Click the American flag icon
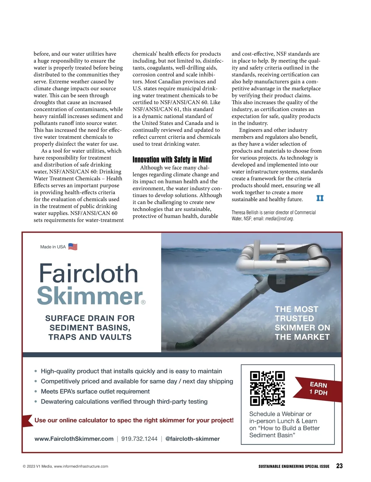point(73,247)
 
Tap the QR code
point(267,388)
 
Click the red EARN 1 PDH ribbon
point(318,389)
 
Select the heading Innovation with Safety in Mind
point(172,160)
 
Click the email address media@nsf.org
point(279,219)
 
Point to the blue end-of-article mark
point(320,198)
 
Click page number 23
point(339,466)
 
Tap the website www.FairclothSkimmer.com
point(74,439)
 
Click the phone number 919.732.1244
point(139,439)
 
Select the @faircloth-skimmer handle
point(192,439)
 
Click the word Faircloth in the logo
point(88,273)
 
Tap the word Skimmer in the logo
point(90,296)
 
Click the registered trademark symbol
point(143,302)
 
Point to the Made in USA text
point(53,247)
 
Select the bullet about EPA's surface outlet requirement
point(95,391)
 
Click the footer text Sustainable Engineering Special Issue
point(294,466)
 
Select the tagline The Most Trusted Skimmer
point(302,323)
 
